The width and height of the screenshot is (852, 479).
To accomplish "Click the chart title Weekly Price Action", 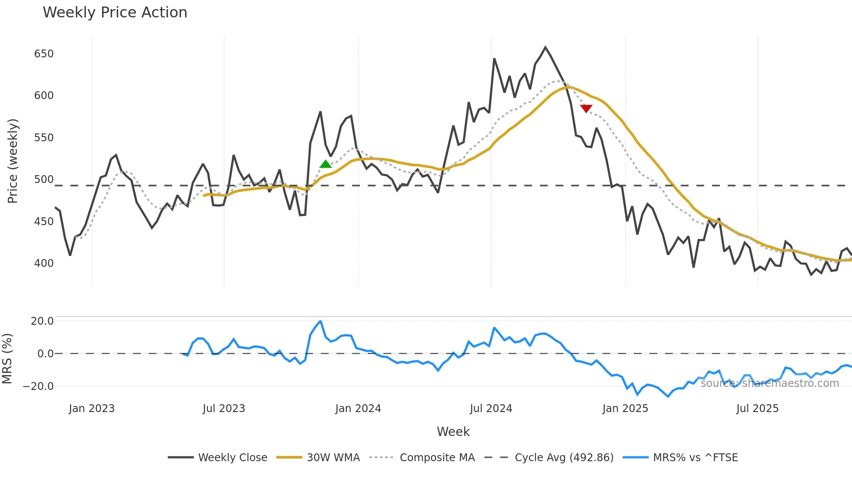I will click(115, 13).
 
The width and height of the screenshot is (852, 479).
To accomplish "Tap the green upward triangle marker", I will click(326, 164).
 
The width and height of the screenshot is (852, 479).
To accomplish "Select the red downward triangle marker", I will click(586, 108).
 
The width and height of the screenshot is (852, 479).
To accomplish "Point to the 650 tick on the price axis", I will click(44, 54).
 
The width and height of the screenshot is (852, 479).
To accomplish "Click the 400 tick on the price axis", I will click(44, 263).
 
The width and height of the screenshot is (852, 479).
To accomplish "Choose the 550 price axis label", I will click(44, 138).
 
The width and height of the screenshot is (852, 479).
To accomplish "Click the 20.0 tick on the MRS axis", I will click(42, 321).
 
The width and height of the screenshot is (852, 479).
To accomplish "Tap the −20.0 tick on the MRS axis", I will click(38, 386).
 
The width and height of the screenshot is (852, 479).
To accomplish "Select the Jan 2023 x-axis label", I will click(92, 409).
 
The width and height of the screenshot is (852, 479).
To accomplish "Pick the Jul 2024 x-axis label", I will click(491, 409).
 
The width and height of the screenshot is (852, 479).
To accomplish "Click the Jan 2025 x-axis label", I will click(625, 409).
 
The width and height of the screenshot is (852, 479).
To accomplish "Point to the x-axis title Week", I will click(453, 432).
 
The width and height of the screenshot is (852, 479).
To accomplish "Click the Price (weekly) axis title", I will click(13, 161).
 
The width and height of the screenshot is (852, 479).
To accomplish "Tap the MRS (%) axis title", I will click(7, 359).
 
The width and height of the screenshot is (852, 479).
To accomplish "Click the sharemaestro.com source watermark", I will click(769, 383).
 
